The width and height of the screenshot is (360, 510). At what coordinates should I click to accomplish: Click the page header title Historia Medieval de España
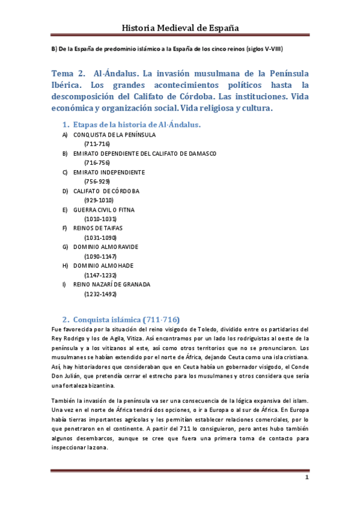click(180, 28)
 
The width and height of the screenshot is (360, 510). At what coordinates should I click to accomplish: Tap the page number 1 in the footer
click(307, 478)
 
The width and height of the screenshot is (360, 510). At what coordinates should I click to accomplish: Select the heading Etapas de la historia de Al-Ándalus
click(136, 124)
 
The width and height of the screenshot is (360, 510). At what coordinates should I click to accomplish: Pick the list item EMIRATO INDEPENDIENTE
click(109, 172)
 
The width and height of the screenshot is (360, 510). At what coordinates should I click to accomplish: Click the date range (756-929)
click(97, 181)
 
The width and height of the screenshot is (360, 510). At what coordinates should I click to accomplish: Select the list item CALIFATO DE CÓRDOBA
click(106, 191)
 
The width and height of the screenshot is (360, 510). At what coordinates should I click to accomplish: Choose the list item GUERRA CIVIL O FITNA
click(104, 209)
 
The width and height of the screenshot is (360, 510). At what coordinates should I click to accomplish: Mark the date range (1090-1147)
click(100, 256)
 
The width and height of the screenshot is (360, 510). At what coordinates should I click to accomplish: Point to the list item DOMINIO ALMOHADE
click(103, 265)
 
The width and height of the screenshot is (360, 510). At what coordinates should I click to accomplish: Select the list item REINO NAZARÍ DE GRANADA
click(112, 284)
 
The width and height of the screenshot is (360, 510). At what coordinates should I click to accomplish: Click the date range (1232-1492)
click(100, 293)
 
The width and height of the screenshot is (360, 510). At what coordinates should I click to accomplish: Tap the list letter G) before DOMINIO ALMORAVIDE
click(65, 247)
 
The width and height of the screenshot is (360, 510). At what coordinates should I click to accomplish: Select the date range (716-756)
click(97, 162)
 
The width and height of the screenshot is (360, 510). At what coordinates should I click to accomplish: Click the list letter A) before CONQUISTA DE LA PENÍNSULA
click(65, 135)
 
